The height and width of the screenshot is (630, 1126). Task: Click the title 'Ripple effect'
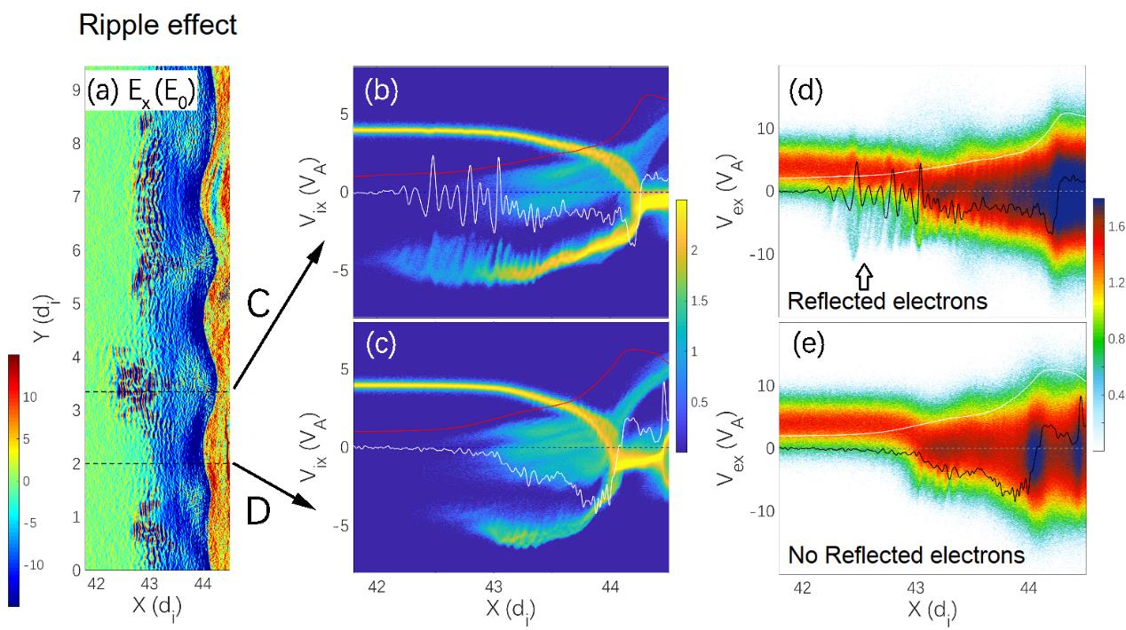point(158,25)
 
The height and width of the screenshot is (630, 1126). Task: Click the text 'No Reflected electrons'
point(907,555)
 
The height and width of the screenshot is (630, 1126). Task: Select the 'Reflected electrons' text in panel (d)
point(887,301)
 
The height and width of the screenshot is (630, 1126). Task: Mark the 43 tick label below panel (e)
point(916,588)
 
